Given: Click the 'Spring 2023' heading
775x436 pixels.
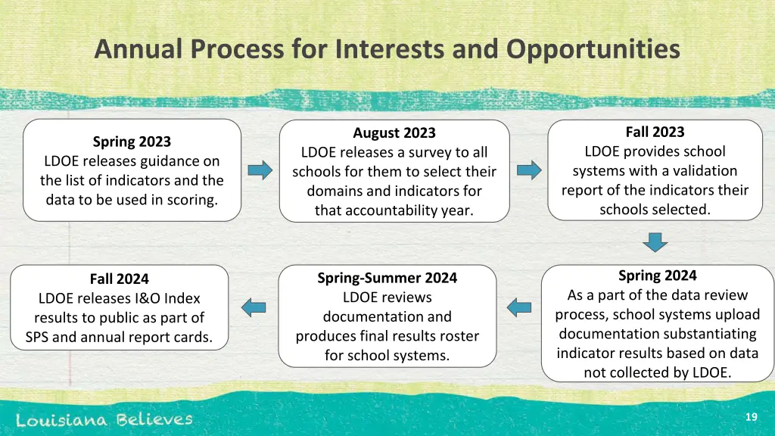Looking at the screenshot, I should pos(132,142).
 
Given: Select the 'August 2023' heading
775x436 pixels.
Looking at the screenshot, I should pos(394,133).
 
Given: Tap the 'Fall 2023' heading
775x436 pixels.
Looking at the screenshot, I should pos(655,132).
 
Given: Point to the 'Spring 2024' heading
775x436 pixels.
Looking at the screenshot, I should pos(657,276).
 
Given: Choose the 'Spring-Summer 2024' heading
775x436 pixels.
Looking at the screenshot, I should pos(387,278).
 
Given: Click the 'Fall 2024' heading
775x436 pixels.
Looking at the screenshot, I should pos(119,279).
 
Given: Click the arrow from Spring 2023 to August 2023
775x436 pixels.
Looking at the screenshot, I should pos(260,170).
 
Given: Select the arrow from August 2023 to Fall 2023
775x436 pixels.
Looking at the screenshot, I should pos(530,170).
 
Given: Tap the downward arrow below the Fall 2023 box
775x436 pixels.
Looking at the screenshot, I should pos(655,241).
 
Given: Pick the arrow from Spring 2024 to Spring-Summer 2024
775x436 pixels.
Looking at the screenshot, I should pos(519,307).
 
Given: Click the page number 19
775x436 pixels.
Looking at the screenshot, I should pos(751,417).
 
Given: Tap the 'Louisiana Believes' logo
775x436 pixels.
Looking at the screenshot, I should pos(104,419).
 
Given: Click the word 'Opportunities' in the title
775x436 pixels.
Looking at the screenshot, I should pos(593,50).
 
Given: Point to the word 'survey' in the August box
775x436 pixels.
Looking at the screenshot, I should pos(425,152).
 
